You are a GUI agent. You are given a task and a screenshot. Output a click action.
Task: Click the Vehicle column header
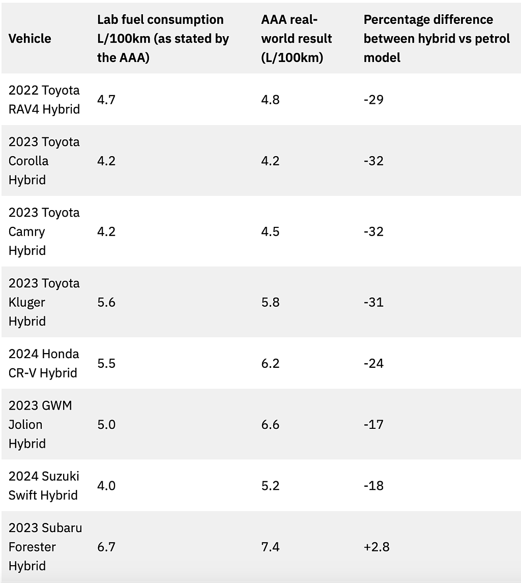click(x=30, y=38)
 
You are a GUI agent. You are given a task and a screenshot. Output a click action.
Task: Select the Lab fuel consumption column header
click(x=163, y=38)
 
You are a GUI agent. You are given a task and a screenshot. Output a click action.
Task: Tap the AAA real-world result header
click(x=297, y=38)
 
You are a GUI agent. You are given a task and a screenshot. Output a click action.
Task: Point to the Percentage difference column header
click(x=437, y=38)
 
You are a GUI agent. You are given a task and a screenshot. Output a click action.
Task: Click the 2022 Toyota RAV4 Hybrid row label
click(x=44, y=99)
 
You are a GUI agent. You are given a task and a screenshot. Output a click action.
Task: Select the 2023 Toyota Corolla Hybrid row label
click(x=44, y=161)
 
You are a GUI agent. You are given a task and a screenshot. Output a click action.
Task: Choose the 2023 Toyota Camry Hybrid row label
click(x=44, y=231)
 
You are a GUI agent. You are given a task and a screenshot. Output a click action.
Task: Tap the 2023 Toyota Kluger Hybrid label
click(x=44, y=302)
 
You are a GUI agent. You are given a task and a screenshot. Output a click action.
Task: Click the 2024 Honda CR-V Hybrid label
click(x=44, y=363)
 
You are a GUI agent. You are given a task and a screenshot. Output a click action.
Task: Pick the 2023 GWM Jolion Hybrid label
click(x=40, y=424)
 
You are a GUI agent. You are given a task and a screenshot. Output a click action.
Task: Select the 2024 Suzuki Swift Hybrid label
click(x=44, y=485)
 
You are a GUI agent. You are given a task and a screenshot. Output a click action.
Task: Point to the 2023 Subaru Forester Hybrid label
click(x=45, y=546)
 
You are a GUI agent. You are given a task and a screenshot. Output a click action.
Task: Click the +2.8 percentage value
click(x=377, y=546)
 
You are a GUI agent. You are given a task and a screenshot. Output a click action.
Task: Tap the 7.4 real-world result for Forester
click(x=270, y=546)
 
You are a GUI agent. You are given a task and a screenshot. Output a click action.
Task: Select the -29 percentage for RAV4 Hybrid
click(x=373, y=99)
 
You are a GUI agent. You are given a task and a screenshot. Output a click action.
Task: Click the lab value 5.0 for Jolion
click(x=106, y=424)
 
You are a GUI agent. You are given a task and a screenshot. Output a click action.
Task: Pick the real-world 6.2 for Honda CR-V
click(x=270, y=363)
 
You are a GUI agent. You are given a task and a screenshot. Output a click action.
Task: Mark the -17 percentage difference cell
click(x=373, y=424)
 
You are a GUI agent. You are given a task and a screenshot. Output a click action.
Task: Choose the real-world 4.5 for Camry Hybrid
click(x=270, y=231)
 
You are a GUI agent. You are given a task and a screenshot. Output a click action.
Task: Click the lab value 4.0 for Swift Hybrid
click(x=106, y=485)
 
